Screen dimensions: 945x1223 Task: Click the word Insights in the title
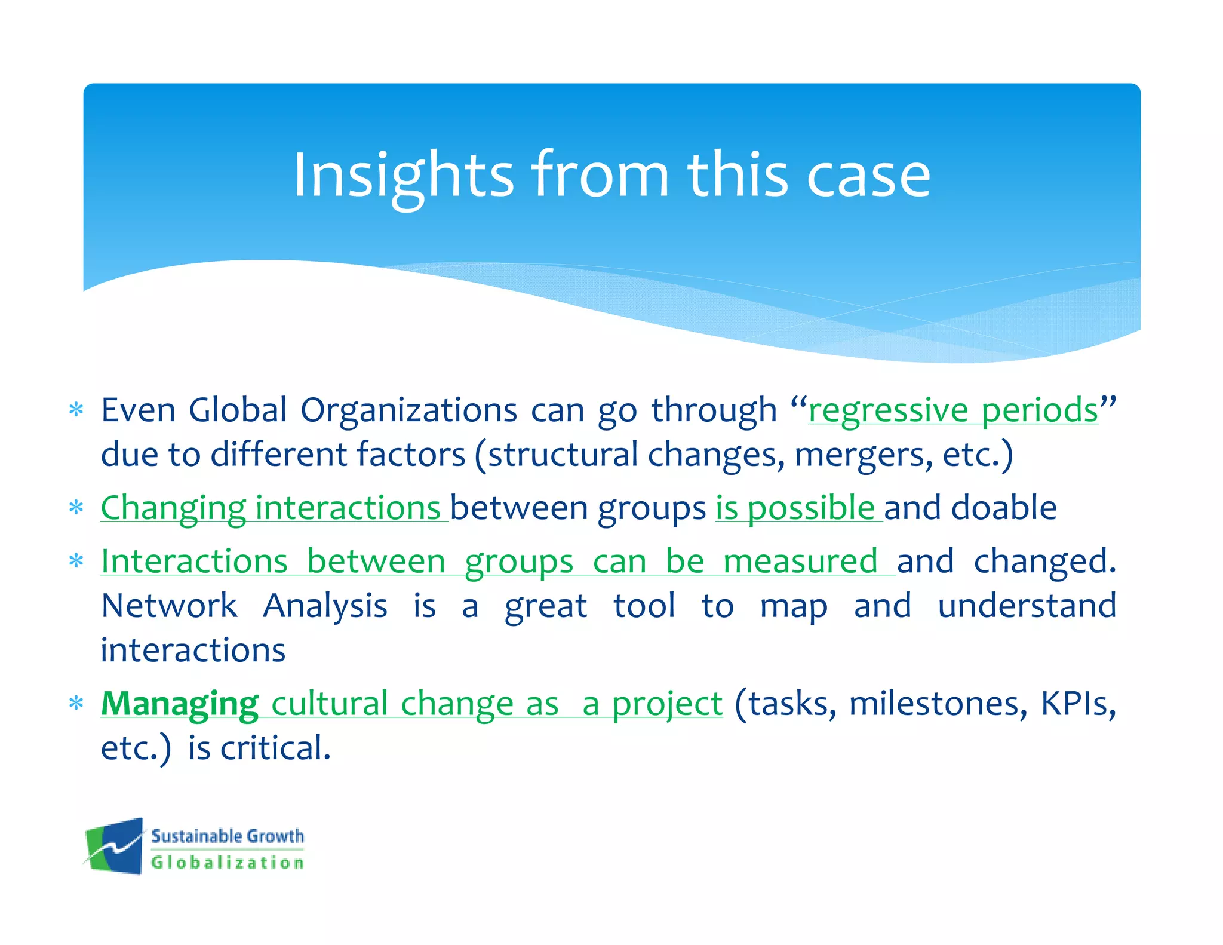(403, 175)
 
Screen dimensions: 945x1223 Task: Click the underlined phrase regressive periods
(952, 410)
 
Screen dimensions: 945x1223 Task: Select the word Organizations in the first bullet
(408, 410)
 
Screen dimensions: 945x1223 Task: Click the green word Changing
(173, 508)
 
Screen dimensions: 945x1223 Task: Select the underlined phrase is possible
(795, 508)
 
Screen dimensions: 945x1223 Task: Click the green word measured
(800, 562)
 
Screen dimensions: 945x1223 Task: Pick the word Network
(169, 606)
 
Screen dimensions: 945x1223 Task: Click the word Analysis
(325, 606)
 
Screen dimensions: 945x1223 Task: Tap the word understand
(1026, 606)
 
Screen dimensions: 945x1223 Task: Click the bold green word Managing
(179, 704)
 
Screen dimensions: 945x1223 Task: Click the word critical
(275, 748)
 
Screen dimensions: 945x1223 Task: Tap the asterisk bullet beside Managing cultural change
(76, 704)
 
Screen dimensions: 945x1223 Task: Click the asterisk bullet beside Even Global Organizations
(76, 410)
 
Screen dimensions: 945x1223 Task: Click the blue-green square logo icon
(115, 846)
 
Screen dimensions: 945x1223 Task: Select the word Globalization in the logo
(228, 863)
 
